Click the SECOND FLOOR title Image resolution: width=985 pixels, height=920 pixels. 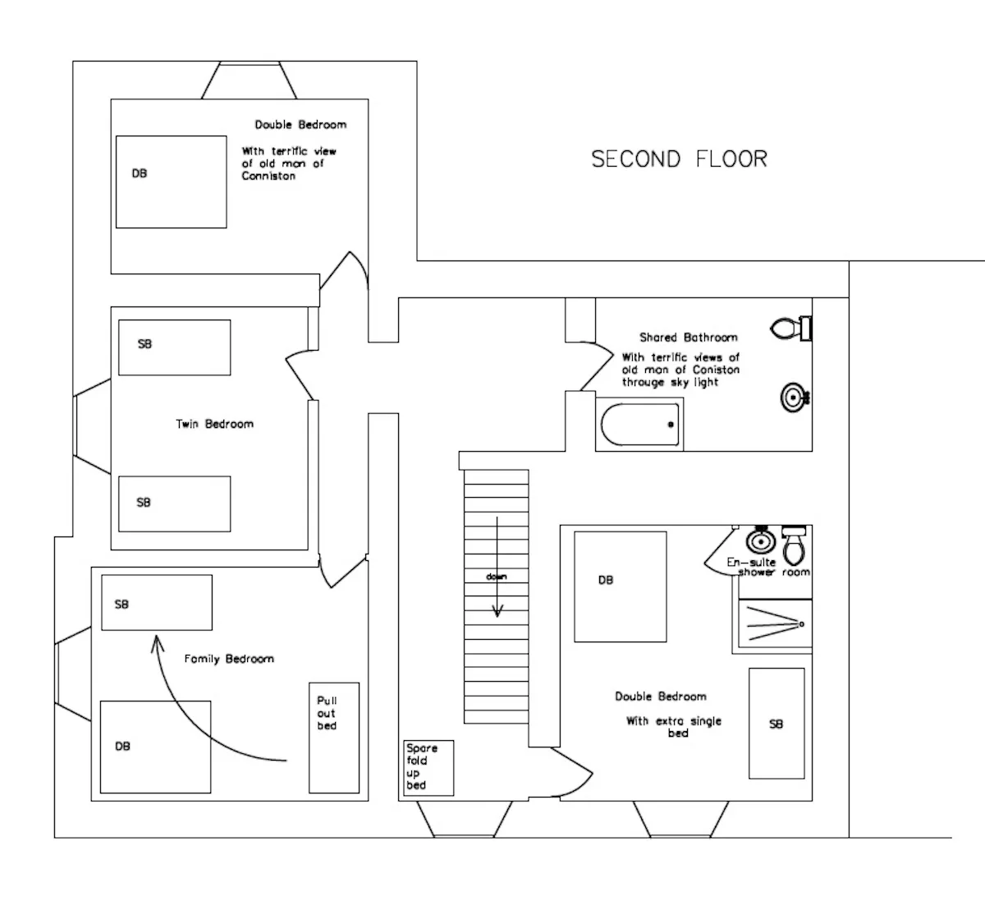[679, 159]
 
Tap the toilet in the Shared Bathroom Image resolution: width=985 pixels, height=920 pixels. [790, 329]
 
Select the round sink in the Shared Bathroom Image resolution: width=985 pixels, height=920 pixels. [795, 398]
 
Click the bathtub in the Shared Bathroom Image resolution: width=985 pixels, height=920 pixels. [639, 425]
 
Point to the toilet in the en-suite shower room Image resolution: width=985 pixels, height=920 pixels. [794, 545]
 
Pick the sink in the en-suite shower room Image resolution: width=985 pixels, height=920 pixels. [761, 540]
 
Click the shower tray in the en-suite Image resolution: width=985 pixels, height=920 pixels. [775, 623]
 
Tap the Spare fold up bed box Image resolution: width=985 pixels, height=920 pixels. [428, 768]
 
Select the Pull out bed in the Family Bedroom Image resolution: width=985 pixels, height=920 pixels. [334, 738]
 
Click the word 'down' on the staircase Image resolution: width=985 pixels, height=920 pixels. [497, 577]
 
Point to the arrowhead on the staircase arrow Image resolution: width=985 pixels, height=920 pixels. [497, 611]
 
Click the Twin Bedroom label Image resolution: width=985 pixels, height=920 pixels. [215, 424]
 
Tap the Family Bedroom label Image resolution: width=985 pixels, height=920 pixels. [229, 659]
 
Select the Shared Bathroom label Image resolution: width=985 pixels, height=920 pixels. [689, 338]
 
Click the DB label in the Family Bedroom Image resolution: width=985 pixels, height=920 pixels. [122, 746]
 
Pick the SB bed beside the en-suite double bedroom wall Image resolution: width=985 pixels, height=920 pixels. [777, 724]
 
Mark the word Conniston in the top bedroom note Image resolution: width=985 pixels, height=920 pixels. [268, 177]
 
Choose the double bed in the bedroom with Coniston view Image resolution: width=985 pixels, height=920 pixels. [171, 182]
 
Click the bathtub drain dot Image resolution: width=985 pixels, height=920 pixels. [671, 425]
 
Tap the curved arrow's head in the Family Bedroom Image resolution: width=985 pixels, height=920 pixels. [157, 642]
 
